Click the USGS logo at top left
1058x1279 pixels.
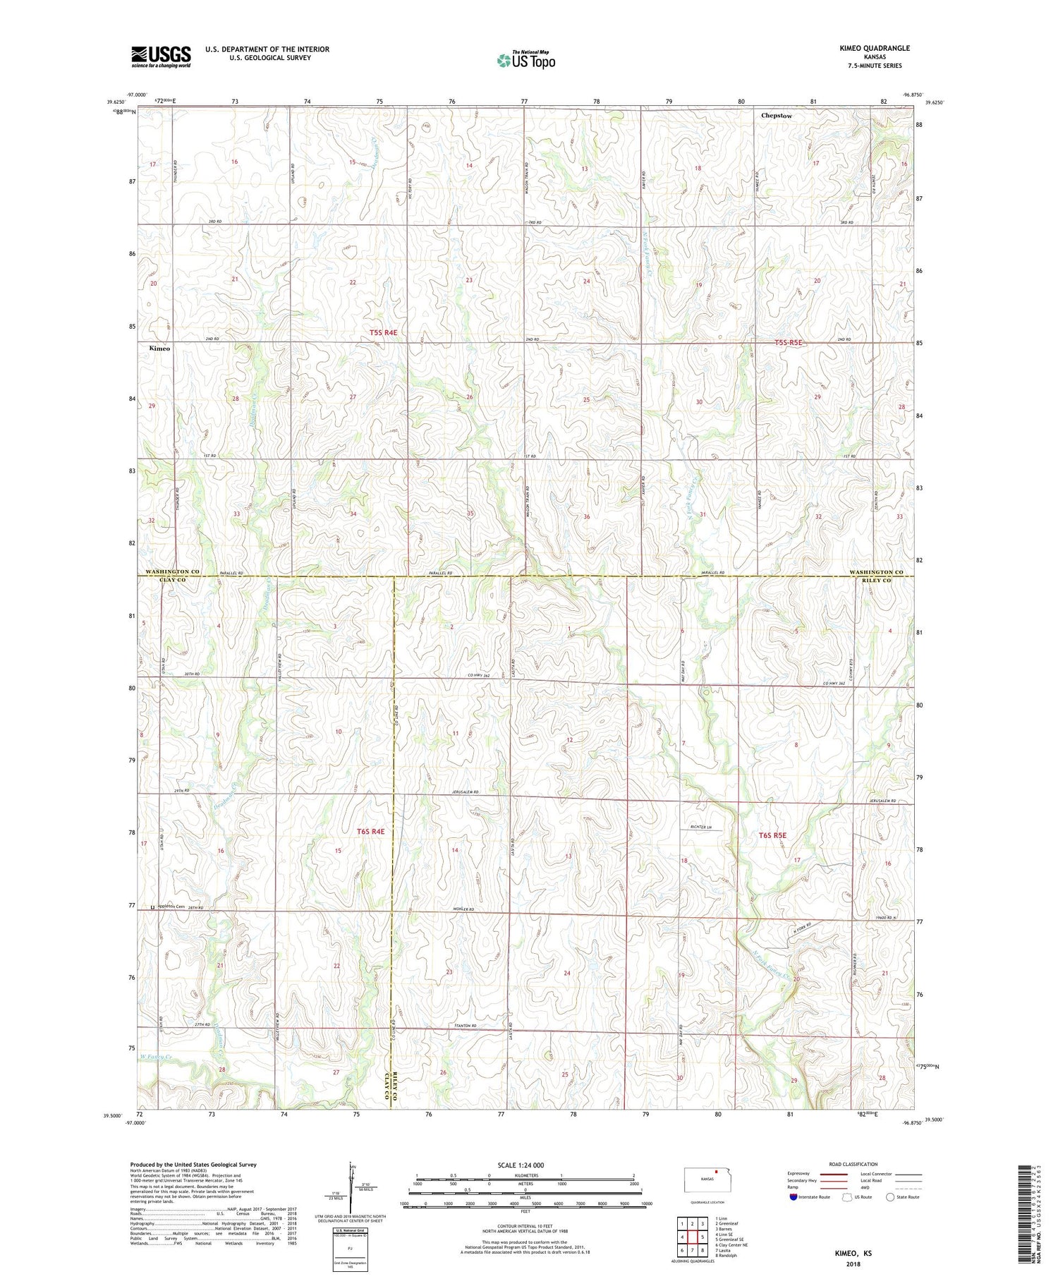(161, 56)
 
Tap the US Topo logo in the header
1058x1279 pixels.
(525, 61)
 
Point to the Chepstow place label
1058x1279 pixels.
(777, 116)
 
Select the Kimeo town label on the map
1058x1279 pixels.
(159, 348)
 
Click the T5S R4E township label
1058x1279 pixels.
(388, 332)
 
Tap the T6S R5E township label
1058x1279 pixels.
(772, 835)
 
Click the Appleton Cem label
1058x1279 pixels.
(171, 907)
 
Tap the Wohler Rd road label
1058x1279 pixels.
(463, 909)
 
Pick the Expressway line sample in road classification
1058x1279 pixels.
(833, 1174)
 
